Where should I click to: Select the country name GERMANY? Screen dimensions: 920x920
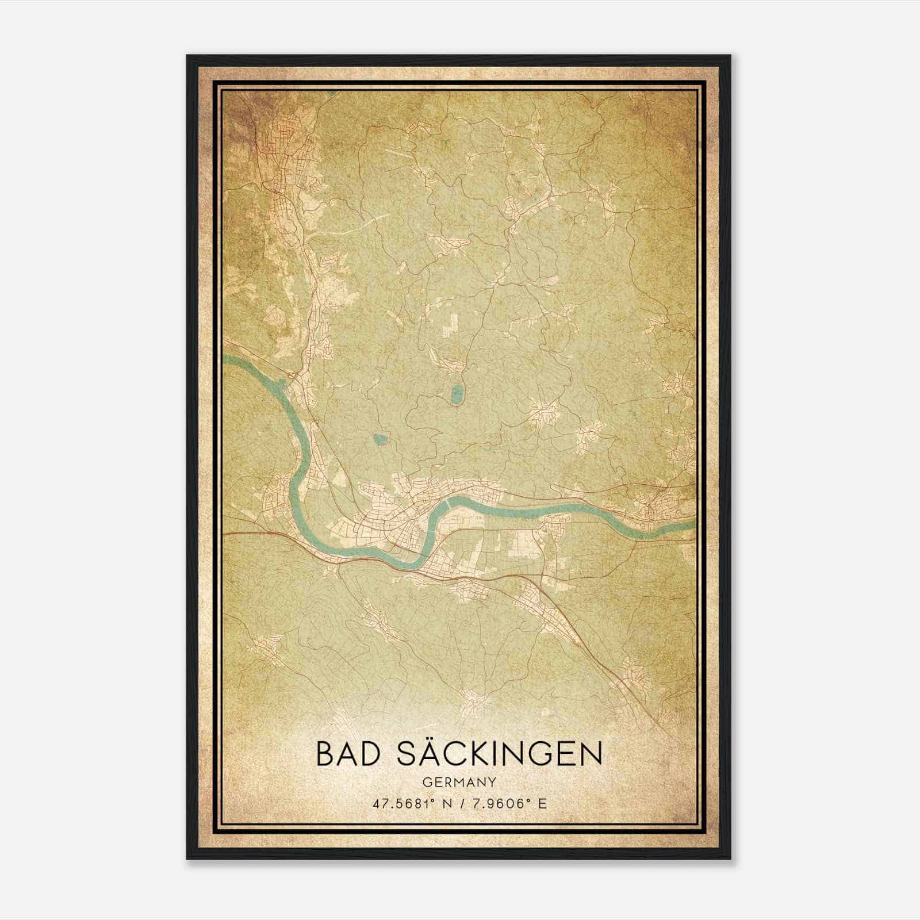(x=459, y=782)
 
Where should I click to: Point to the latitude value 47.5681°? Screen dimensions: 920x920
(x=402, y=803)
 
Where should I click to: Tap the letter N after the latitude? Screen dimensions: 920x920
(x=443, y=803)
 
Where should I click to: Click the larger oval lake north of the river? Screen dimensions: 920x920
(x=458, y=394)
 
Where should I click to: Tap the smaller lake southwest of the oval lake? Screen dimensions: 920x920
(x=380, y=440)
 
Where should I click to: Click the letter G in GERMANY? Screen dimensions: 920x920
(x=427, y=782)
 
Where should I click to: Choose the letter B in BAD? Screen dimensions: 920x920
(x=324, y=754)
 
